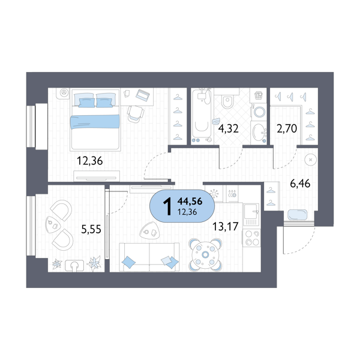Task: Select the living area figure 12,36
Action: coord(188,212)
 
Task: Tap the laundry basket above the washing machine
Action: coord(259,95)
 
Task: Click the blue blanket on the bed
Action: coord(97,122)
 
